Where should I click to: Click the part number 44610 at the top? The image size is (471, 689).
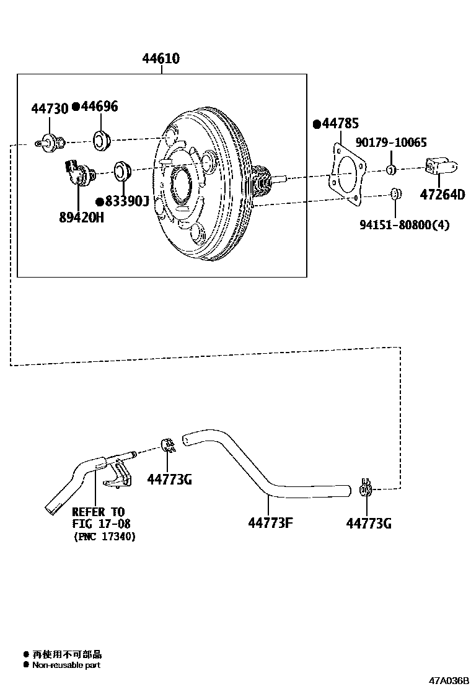click(x=161, y=59)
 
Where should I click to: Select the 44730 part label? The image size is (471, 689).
click(x=50, y=109)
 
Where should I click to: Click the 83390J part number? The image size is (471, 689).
click(x=126, y=201)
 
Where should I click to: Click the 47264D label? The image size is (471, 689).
click(x=442, y=195)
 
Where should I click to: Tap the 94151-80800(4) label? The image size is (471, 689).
click(x=404, y=225)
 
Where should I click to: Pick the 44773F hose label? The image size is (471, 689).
click(x=270, y=523)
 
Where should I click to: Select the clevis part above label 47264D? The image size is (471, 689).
click(x=441, y=166)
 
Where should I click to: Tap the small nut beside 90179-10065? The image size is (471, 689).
click(x=390, y=170)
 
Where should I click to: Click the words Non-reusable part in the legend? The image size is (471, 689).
click(x=66, y=665)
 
